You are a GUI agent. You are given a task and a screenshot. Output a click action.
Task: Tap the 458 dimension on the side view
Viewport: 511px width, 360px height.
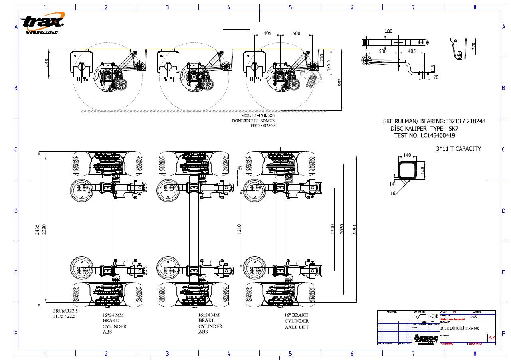click(47, 63)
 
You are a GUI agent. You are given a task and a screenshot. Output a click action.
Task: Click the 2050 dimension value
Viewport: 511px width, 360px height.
click(341, 229)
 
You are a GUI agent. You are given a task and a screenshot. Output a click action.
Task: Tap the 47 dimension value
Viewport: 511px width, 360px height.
click(240, 168)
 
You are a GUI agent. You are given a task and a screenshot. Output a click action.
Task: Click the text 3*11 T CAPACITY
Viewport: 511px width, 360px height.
click(458, 149)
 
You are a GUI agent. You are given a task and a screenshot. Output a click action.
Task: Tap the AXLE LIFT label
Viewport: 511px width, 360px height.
click(297, 327)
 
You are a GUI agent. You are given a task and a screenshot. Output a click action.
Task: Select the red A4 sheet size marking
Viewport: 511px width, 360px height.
click(491, 338)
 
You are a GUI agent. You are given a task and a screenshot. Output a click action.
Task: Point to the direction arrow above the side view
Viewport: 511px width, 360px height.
click(236, 29)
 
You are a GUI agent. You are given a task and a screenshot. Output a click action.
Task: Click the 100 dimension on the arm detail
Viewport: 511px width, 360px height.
click(388, 31)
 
